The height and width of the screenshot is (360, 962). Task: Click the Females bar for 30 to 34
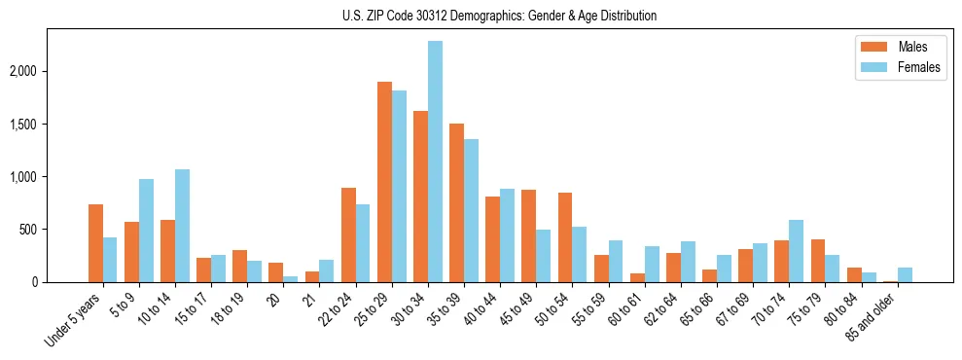click(435, 162)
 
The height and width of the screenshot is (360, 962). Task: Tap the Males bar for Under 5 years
click(95, 243)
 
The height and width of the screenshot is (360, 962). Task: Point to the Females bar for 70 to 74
click(797, 251)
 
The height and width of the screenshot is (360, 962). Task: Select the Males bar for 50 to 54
click(565, 237)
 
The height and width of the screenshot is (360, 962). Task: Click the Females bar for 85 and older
click(905, 274)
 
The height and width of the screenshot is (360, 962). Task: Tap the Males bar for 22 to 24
click(348, 234)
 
